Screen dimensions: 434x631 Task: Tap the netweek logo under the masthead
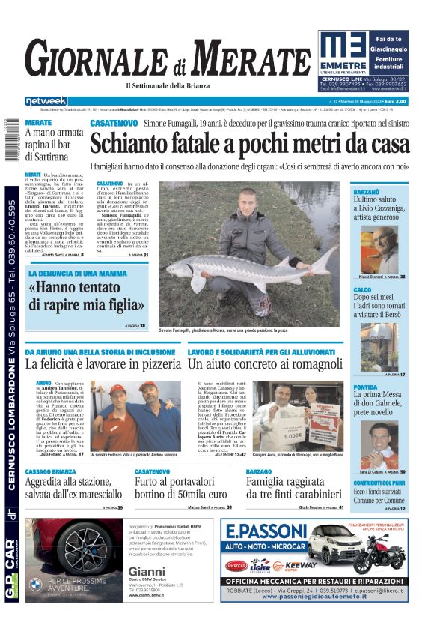46,100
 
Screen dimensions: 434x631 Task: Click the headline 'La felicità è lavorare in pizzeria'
98,363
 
